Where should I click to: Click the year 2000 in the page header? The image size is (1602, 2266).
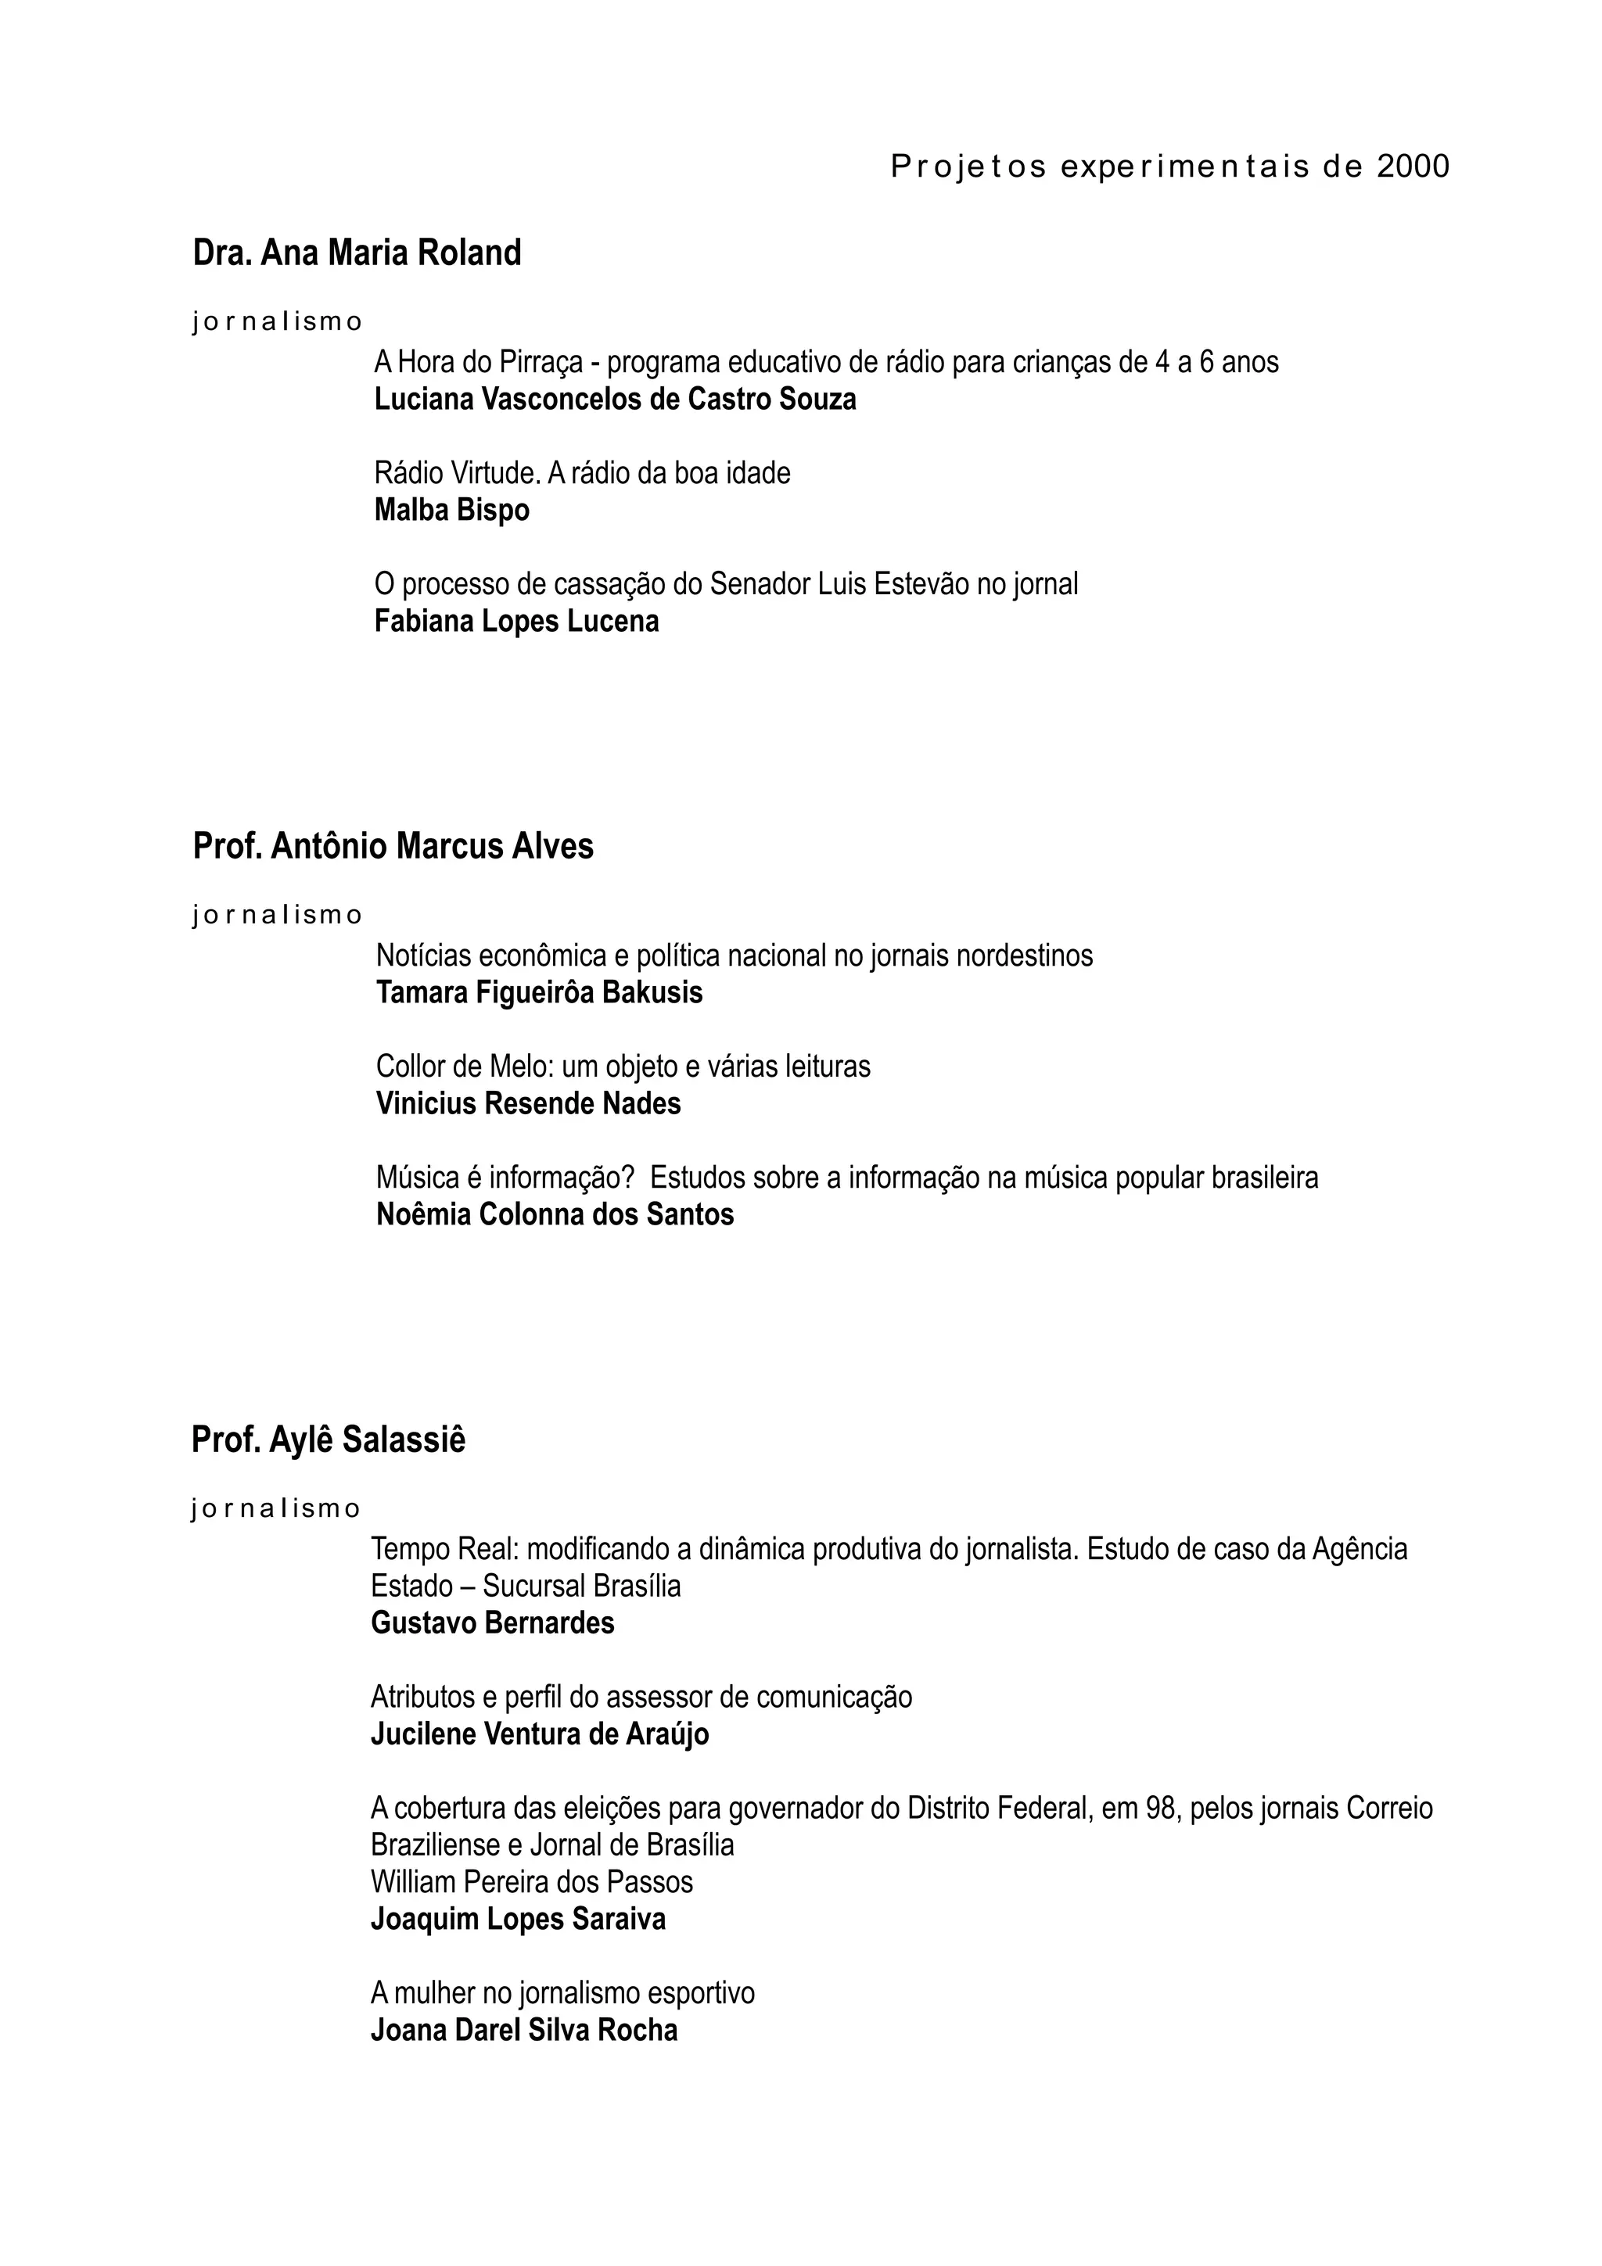[x=1413, y=167]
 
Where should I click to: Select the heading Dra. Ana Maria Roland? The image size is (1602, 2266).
[x=357, y=253]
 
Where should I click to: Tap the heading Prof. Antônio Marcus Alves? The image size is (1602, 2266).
[x=393, y=847]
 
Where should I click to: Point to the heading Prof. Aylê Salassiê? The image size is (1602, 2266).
[x=328, y=1440]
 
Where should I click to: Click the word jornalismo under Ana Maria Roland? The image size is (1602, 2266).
[x=278, y=321]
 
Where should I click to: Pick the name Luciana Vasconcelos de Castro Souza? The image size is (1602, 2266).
[x=615, y=400]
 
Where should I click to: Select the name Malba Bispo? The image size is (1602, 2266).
[x=451, y=511]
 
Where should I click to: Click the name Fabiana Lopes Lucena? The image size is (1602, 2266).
[x=516, y=622]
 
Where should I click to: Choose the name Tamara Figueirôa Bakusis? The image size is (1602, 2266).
[x=539, y=993]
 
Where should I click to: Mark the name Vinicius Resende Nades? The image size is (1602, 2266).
[x=528, y=1103]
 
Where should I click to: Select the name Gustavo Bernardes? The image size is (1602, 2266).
[x=493, y=1622]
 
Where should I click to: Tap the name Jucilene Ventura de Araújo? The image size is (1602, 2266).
[x=539, y=1734]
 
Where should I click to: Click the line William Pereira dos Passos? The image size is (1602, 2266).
[x=531, y=1882]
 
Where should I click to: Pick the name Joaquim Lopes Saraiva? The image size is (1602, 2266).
[x=518, y=1920]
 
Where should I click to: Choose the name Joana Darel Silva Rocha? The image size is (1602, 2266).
[x=524, y=2030]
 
